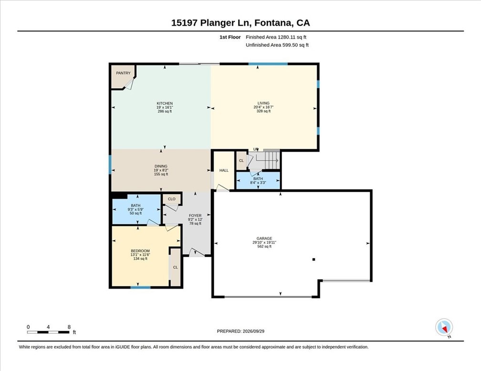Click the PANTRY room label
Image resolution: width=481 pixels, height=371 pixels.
pos(123,73)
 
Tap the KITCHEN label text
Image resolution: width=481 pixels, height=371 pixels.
pos(165,103)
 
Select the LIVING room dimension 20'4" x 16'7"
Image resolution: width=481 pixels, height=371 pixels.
pos(263,107)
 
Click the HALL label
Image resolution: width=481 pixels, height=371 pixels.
pos(224,170)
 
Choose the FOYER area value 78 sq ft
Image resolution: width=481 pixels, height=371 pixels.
pos(196,224)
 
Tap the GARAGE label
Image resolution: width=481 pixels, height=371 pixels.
pos(264,238)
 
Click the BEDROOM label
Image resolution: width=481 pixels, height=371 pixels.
pos(140,251)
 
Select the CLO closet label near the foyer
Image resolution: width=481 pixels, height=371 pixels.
pos(172,199)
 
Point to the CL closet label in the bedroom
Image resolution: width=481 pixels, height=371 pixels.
pos(176,268)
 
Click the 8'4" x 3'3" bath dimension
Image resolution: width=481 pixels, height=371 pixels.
pos(258,183)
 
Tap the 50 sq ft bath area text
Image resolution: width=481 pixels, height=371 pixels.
pos(136,213)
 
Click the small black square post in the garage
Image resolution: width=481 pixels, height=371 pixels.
pos(314,259)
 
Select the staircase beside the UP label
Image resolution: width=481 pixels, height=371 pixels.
pos(268,159)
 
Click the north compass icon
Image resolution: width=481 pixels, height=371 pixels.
pos(444,328)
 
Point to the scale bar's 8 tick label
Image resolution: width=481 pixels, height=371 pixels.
pos(69,327)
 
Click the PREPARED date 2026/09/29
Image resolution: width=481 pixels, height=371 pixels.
pos(253,331)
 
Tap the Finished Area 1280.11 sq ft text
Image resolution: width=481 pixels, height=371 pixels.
pos(276,37)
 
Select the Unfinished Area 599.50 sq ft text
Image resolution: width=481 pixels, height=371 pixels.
pos(277,45)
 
